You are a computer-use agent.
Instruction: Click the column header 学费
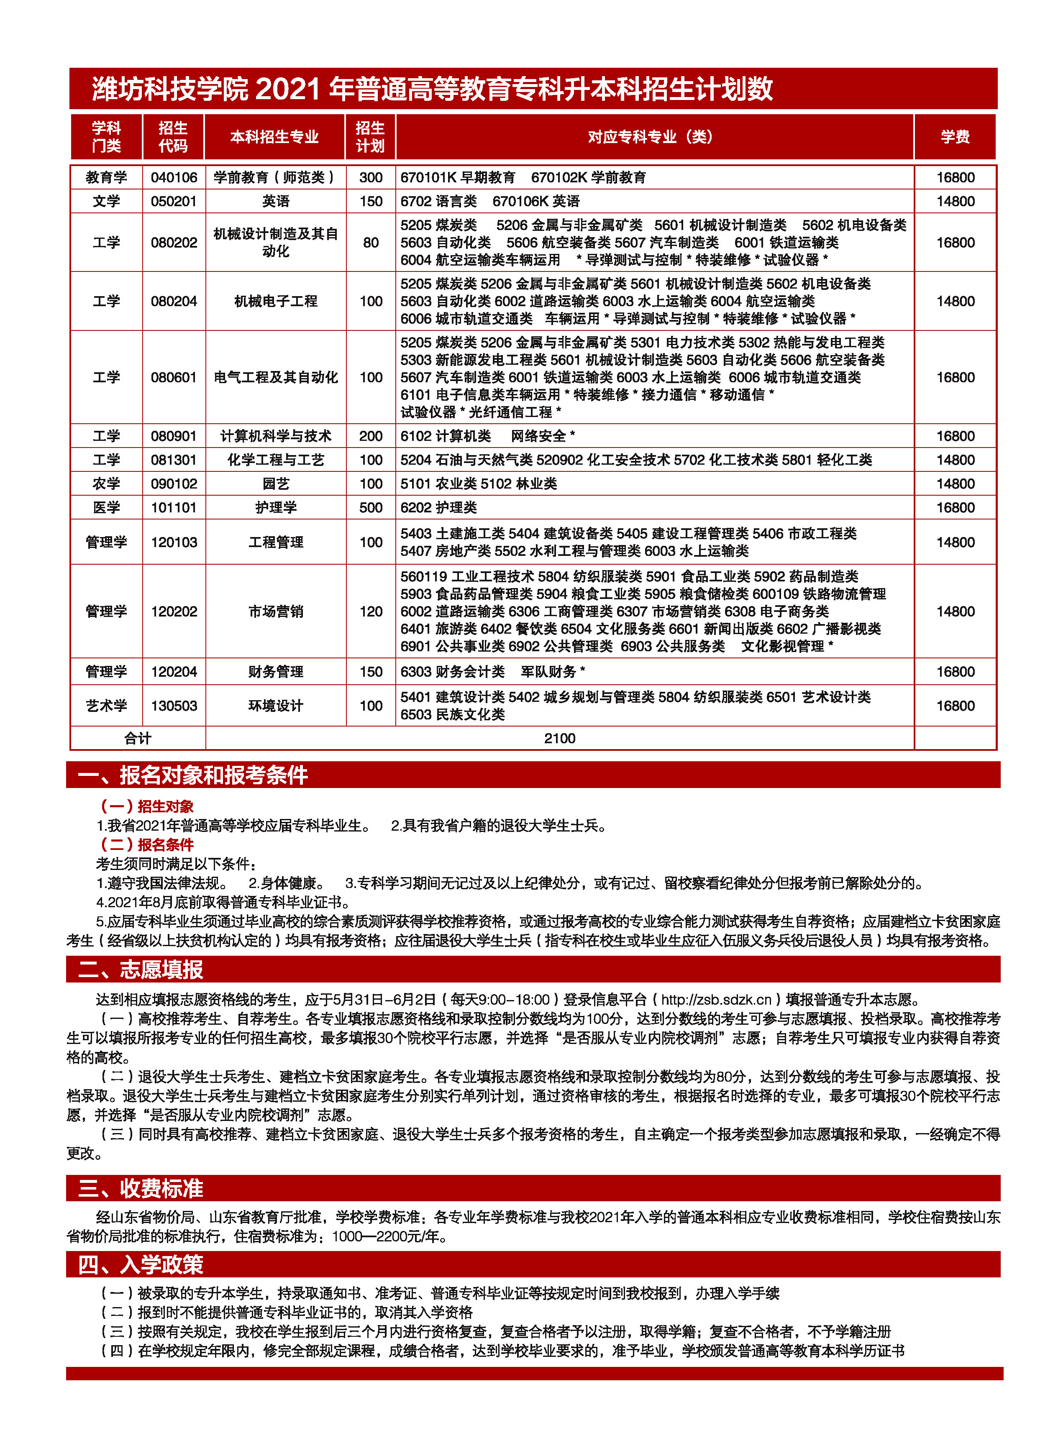pos(954,136)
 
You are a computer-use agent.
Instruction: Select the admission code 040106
pos(174,177)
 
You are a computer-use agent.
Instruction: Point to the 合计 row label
pos(138,738)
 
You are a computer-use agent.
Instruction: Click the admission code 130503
pos(174,705)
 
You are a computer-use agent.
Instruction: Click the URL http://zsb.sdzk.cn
pos(717,999)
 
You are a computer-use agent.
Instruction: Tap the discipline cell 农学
pos(106,484)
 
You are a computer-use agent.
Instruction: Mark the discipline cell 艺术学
pos(106,705)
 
